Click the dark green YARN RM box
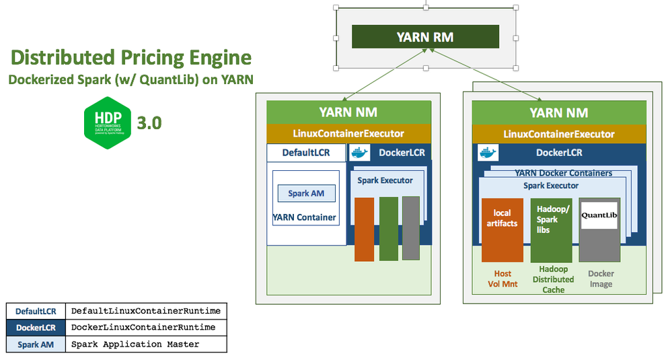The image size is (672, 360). tap(425, 36)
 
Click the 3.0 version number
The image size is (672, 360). tap(149, 123)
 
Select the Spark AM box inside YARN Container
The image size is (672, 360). tap(306, 193)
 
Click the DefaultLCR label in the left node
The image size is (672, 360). tap(306, 153)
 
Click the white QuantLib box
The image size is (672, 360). tap(599, 215)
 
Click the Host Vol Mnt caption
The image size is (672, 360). tap(502, 279)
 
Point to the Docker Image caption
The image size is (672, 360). tap(601, 279)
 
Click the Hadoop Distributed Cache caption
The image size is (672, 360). tap(553, 279)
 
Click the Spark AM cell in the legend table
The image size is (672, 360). tap(36, 344)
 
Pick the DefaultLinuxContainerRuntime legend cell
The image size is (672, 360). tap(146, 311)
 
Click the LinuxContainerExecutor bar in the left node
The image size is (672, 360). tap(348, 134)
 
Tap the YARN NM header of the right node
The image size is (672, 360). tap(558, 113)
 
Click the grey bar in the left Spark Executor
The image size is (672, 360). tap(410, 228)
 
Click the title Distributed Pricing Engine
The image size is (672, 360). tap(131, 58)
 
